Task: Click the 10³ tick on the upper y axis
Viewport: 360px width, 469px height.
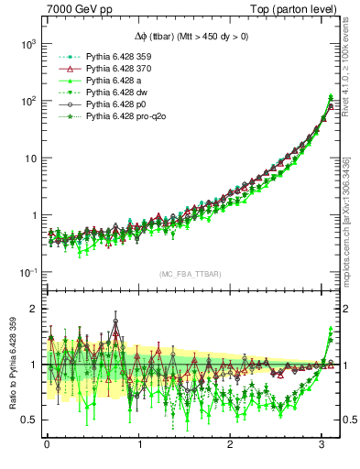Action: pos(27,44)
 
